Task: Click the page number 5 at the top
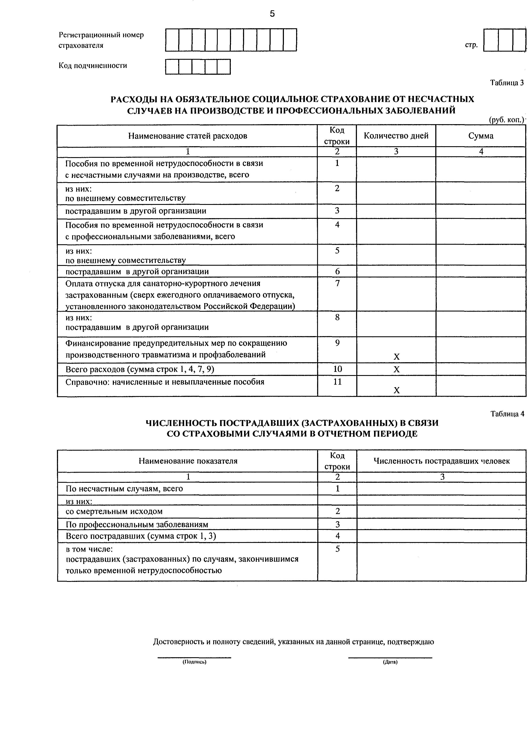point(272,14)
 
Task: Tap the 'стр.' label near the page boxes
point(471,45)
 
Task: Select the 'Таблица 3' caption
point(507,83)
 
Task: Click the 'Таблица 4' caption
point(507,414)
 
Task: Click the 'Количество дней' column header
point(396,136)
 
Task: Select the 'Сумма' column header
point(481,136)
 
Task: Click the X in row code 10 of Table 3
point(396,370)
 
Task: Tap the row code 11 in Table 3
point(337,382)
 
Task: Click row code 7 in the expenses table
point(337,283)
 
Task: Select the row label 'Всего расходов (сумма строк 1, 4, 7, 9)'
point(140,369)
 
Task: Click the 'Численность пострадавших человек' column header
point(441,461)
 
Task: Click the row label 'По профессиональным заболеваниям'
point(137,524)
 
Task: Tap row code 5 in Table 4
point(337,549)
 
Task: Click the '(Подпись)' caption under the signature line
point(194,662)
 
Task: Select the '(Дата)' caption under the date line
point(390,662)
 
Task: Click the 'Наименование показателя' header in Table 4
point(188,461)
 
